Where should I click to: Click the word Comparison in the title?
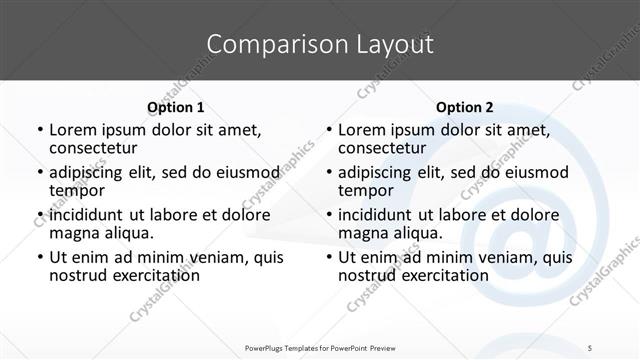pyautogui.click(x=268, y=44)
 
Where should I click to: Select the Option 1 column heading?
pyautogui.click(x=175, y=107)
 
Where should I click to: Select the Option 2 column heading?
pyautogui.click(x=464, y=107)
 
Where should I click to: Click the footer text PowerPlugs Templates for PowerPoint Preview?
pyautogui.click(x=319, y=347)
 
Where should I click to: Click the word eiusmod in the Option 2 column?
pyautogui.click(x=533, y=172)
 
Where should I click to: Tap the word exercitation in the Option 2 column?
pyautogui.click(x=441, y=275)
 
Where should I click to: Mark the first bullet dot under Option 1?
pyautogui.click(x=39, y=130)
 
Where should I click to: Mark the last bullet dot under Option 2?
pyautogui.click(x=328, y=258)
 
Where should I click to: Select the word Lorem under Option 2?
pyautogui.click(x=361, y=129)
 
